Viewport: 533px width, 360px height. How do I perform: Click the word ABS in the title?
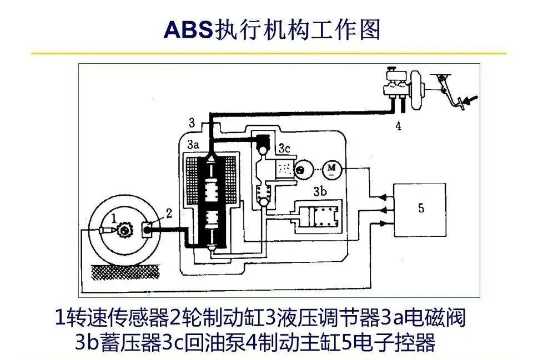[188, 29]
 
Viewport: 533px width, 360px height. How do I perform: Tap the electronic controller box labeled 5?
[420, 210]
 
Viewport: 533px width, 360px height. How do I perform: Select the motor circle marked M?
[331, 169]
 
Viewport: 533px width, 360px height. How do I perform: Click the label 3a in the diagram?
[193, 145]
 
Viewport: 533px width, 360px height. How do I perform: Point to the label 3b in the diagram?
[320, 192]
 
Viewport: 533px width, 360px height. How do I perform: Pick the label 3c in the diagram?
[284, 149]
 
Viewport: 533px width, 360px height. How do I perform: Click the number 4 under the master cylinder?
[399, 126]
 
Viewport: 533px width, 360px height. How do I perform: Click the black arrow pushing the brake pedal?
[471, 100]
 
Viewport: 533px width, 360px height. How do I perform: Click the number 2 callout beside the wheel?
[169, 214]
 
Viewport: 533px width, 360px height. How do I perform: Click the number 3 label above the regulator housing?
[192, 122]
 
